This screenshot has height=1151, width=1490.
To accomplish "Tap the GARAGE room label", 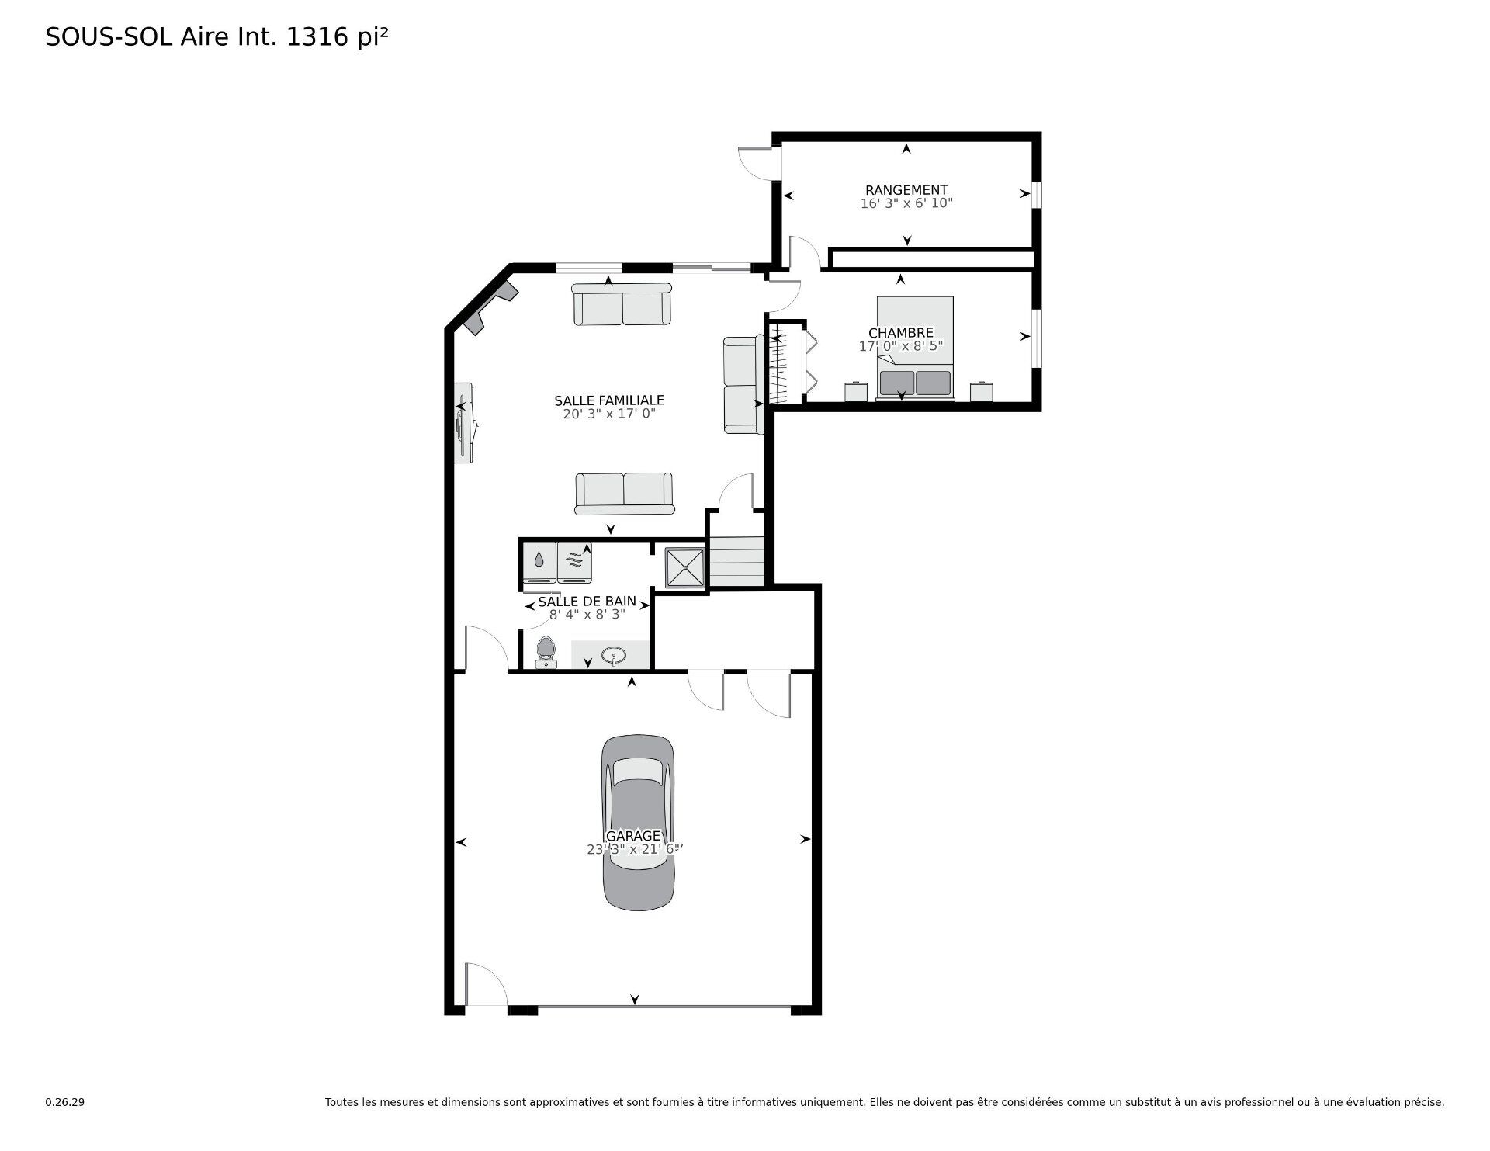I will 633,836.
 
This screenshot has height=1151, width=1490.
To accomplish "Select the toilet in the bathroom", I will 546,653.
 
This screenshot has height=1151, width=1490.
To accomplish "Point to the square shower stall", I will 684,568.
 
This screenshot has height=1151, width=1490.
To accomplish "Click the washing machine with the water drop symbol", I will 539,560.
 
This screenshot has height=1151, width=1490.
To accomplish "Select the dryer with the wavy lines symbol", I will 574,560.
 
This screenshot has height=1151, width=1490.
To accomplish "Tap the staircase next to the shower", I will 736,563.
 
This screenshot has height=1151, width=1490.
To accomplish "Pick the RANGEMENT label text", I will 906,190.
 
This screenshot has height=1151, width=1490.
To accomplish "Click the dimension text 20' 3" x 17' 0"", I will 609,414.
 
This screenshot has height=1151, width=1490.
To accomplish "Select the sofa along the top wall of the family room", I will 622,305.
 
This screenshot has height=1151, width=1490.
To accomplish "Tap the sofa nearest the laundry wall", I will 624,494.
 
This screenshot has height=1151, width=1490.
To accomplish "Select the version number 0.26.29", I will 64,1102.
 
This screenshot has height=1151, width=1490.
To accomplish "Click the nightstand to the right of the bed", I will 982,391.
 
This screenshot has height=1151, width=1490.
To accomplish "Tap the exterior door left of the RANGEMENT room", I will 755,164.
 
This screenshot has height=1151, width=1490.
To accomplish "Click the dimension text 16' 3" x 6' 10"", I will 906,204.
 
